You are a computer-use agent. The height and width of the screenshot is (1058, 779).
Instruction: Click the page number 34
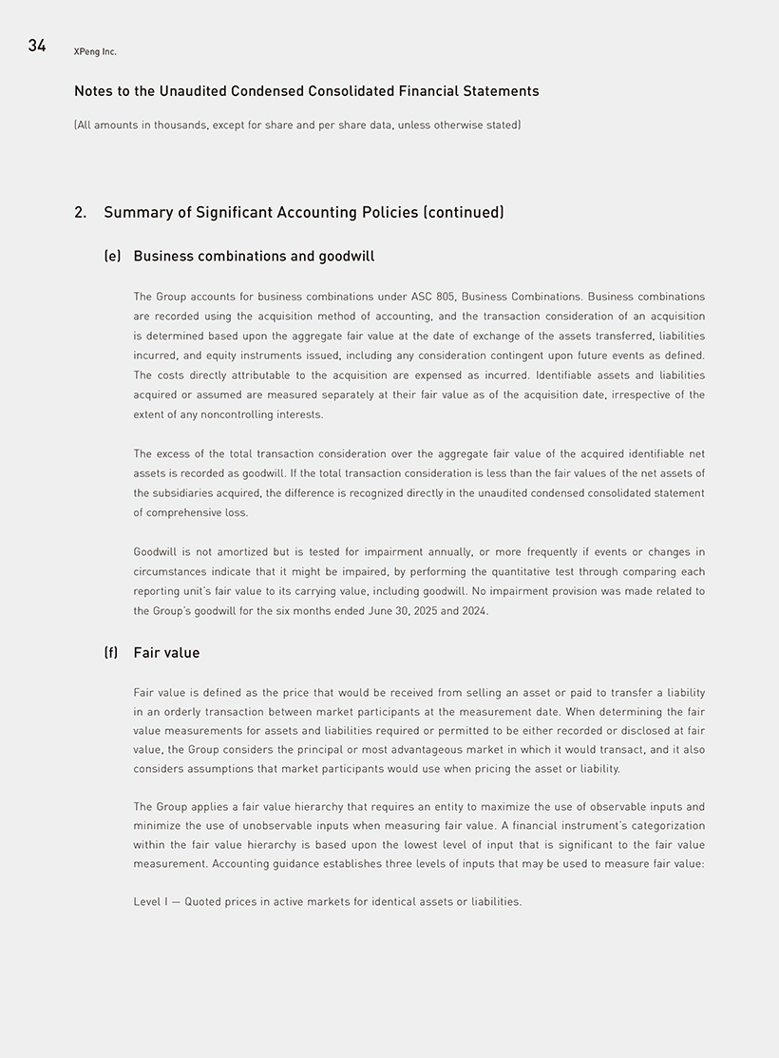point(37,46)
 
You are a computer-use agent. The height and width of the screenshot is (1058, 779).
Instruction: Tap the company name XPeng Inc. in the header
point(95,51)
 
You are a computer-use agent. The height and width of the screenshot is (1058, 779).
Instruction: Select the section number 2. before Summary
point(81,212)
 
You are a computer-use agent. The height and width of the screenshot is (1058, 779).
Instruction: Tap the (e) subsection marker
point(112,257)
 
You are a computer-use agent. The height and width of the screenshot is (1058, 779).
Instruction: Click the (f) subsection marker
point(111,653)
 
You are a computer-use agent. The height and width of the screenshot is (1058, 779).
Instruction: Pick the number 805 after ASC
point(446,297)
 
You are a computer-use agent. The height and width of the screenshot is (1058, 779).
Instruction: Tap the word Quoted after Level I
point(203,901)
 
